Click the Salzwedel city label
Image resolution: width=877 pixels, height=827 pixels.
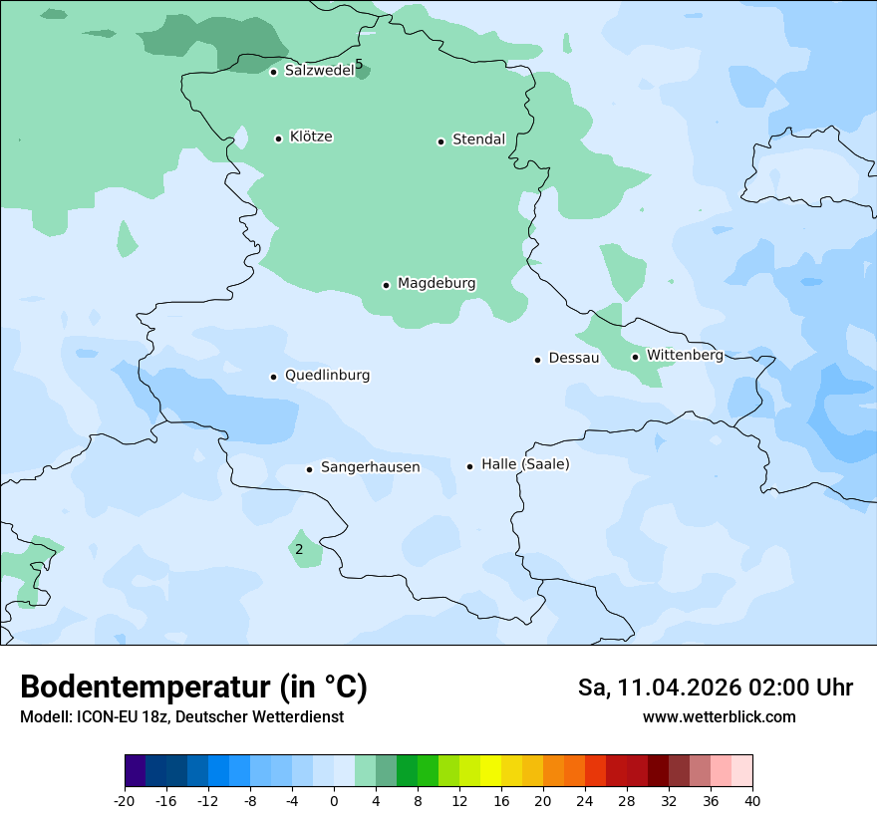(x=319, y=71)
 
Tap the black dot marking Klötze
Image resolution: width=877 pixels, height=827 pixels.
(x=278, y=138)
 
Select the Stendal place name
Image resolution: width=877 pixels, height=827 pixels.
(x=479, y=139)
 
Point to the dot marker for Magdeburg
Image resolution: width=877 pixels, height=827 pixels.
(x=386, y=285)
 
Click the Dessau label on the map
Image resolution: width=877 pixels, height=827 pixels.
(x=574, y=358)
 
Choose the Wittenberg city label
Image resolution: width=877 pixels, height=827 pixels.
(x=685, y=355)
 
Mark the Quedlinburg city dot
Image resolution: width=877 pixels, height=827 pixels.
(x=273, y=377)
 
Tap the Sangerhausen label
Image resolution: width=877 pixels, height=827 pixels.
(x=370, y=467)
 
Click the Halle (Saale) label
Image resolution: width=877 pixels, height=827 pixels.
(x=525, y=464)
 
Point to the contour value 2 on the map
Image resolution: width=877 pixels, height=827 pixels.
(x=299, y=549)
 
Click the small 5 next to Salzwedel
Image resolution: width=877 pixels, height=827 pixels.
(x=359, y=65)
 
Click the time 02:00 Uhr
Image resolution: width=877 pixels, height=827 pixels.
(x=791, y=688)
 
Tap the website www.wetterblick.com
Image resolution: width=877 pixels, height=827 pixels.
(x=719, y=717)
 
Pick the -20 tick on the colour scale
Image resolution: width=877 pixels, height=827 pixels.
(x=125, y=800)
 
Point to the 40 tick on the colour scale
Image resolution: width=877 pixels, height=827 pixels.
(x=752, y=800)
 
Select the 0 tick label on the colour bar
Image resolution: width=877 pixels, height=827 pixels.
(x=334, y=800)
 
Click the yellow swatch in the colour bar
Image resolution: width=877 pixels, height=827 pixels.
(x=490, y=771)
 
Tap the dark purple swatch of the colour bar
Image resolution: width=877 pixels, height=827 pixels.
(x=136, y=771)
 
